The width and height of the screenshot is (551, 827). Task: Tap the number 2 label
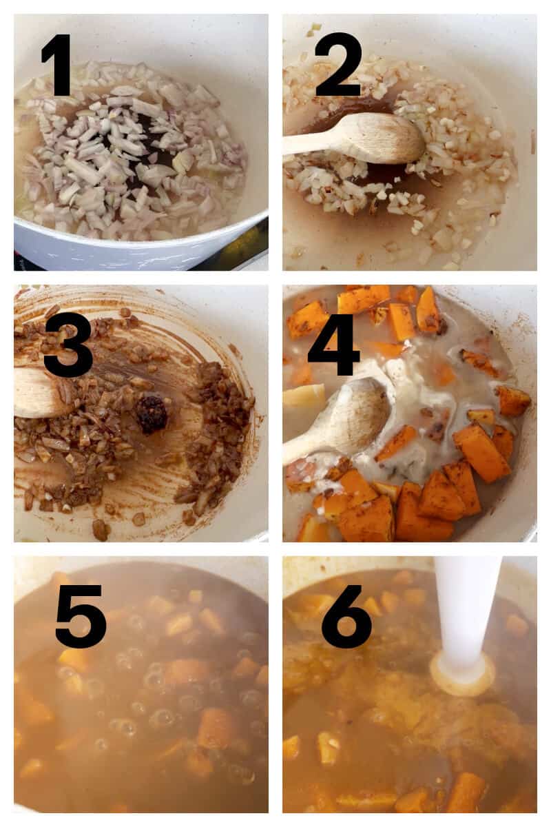(x=338, y=64)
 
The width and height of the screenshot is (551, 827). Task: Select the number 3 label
(x=67, y=344)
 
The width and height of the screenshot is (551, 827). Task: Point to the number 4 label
(x=333, y=344)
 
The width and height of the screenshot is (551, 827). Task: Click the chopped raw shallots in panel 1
(x=131, y=159)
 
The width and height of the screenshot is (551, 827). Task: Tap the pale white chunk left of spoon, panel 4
(x=303, y=396)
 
